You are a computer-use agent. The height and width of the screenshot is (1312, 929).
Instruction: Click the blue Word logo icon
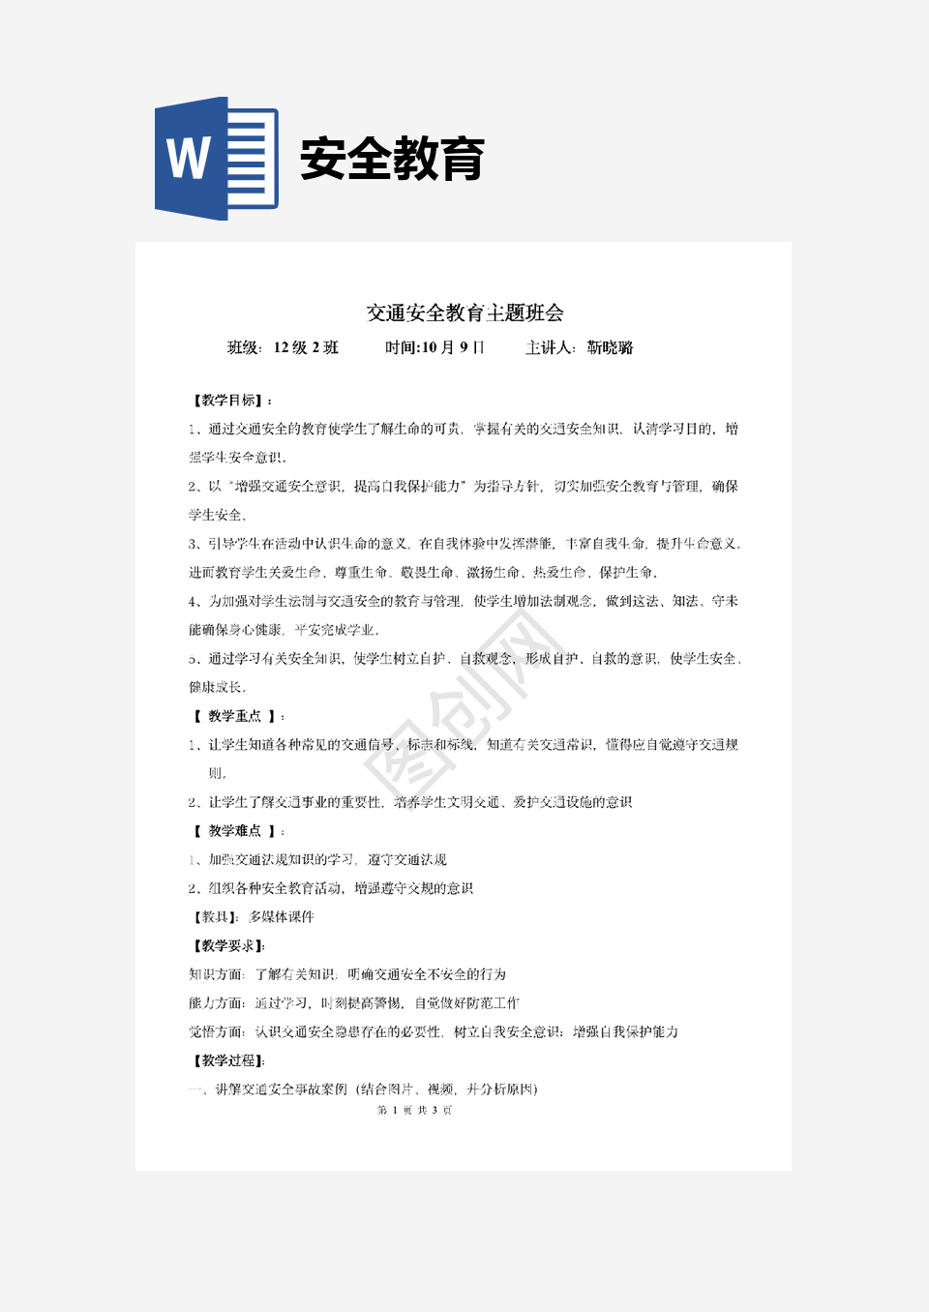(x=216, y=159)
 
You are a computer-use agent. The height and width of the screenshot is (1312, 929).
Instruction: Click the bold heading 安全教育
(x=392, y=160)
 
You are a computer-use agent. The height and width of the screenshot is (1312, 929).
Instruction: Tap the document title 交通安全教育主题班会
(x=464, y=313)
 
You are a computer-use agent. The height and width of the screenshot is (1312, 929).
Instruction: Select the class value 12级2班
(x=306, y=347)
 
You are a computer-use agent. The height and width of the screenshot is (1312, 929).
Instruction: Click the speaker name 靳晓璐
(x=610, y=347)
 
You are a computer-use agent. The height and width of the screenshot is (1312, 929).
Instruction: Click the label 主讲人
(x=549, y=347)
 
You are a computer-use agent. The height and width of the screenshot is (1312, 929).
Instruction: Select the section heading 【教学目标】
(x=230, y=401)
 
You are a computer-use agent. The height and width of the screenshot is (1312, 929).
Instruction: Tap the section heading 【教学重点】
(x=234, y=716)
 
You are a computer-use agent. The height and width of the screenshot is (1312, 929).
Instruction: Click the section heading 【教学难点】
(x=234, y=831)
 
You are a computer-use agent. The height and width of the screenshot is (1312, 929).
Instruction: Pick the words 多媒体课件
(x=281, y=917)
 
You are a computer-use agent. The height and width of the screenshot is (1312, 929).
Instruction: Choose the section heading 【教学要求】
(x=227, y=946)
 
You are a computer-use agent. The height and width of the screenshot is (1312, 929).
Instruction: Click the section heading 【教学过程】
(x=227, y=1060)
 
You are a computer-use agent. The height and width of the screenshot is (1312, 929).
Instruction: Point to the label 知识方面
(x=216, y=974)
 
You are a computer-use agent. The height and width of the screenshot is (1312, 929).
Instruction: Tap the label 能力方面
(x=216, y=1003)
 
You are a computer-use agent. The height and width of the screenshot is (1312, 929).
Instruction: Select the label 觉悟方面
(x=216, y=1032)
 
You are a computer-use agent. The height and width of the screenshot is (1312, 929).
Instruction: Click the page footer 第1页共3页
(x=414, y=1110)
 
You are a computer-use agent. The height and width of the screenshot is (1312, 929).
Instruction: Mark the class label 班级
(x=243, y=347)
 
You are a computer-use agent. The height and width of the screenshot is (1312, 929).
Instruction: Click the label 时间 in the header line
(x=401, y=347)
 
